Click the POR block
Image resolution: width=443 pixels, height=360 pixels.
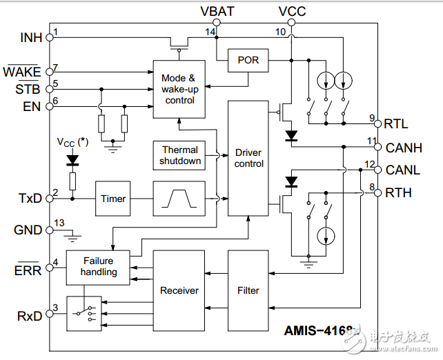click(248, 61)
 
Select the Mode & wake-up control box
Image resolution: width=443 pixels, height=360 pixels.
click(179, 89)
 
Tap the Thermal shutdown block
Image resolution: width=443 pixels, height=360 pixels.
click(180, 155)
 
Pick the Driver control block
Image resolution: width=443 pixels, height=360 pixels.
click(248, 158)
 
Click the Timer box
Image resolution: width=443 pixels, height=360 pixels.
click(113, 199)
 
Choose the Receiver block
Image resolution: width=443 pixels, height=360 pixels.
click(179, 290)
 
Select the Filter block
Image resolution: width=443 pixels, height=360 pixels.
click(248, 290)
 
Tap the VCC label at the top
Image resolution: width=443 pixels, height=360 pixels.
click(292, 11)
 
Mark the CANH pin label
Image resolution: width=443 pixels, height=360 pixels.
click(403, 148)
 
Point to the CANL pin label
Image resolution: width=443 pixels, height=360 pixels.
click(403, 170)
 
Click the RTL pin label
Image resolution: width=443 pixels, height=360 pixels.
click(397, 124)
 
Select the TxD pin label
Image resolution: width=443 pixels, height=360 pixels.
click(30, 199)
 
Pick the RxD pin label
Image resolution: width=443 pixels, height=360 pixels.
click(29, 317)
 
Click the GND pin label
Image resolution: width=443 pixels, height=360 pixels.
click(28, 230)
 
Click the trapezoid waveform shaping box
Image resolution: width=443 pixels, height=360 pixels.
click(179, 199)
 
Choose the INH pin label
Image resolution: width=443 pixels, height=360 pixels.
click(31, 37)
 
